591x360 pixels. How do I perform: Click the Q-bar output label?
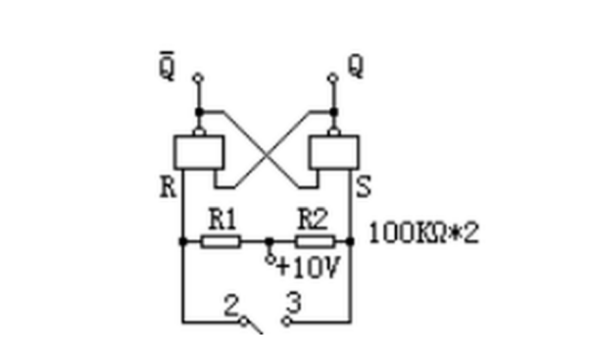pos(167,66)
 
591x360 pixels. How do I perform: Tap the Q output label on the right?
pos(356,66)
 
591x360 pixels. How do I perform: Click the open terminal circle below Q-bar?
pos(198,78)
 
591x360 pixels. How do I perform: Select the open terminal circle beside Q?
pos(333,78)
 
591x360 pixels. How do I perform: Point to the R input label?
pos(168,187)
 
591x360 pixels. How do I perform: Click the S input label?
pos(364,187)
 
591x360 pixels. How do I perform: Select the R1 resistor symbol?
pos(221,241)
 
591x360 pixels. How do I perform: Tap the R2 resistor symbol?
pos(315,241)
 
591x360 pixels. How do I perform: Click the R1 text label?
pos(222,220)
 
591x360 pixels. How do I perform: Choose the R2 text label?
pos(313,219)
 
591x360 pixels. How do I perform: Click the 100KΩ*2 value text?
pos(424,233)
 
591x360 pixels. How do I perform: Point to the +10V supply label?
pos(309,268)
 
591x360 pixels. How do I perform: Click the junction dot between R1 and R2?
pos(270,241)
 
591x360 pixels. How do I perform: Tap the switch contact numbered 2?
pos(244,322)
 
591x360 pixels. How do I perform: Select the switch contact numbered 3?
pos(286,322)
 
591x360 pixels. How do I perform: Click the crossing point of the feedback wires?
pos(267,153)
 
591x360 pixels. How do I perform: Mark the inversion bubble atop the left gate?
pos(199,131)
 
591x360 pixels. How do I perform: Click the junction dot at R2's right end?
pos(350,241)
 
